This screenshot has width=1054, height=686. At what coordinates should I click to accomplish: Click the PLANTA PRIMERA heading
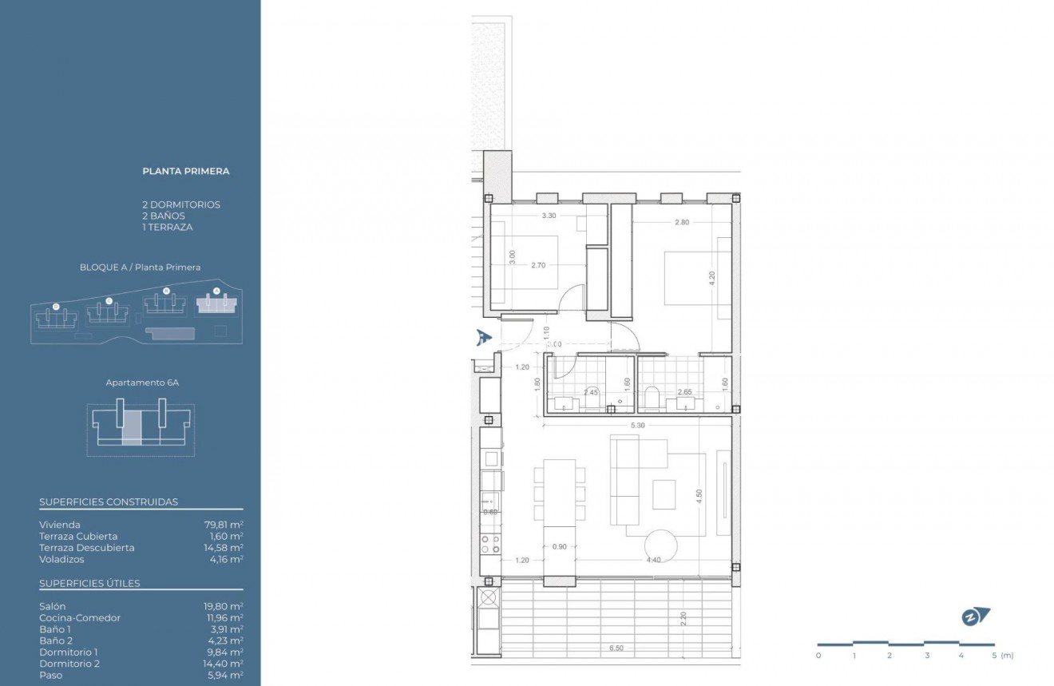(185, 171)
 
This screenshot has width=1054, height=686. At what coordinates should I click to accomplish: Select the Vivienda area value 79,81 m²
(224, 525)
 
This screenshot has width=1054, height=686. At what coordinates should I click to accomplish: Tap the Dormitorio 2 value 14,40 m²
(224, 664)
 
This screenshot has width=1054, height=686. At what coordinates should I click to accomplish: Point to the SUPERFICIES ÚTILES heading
(89, 583)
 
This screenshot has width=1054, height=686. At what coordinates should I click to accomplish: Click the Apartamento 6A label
(142, 383)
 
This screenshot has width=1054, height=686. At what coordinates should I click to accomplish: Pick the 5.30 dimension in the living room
(637, 426)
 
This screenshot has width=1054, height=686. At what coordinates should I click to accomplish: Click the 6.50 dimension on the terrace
(615, 648)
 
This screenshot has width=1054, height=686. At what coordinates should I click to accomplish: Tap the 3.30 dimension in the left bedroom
(549, 216)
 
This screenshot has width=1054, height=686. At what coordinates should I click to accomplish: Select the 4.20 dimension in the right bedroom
(711, 278)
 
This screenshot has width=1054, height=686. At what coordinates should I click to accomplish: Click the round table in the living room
(662, 546)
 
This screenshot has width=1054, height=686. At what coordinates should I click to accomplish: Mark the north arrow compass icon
(975, 617)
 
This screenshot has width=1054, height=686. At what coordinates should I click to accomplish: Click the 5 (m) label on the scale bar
(1000, 656)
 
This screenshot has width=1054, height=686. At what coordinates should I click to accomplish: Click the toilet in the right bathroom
(651, 397)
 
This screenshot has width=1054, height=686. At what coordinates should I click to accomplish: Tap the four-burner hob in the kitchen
(489, 544)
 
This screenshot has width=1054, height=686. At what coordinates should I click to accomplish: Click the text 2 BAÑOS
(163, 216)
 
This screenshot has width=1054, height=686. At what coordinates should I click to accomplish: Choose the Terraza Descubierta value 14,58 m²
(224, 548)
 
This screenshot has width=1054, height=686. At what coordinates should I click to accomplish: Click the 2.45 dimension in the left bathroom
(591, 392)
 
